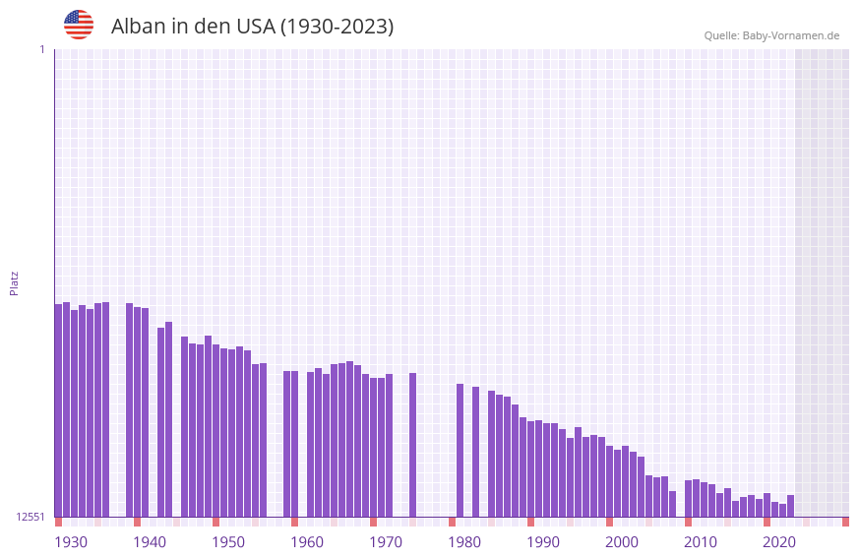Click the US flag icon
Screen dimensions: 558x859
[79, 25]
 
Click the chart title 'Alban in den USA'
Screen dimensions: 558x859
[252, 27]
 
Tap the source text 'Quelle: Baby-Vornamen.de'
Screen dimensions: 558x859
[771, 35]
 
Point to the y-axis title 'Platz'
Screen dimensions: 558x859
[14, 282]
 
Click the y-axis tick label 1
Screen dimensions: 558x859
[41, 49]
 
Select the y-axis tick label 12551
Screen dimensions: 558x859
[31, 517]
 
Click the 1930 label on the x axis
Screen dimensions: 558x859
[71, 542]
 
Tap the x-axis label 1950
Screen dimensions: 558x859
[228, 542]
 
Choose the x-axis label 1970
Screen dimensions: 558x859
[386, 542]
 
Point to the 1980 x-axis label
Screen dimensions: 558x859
[464, 542]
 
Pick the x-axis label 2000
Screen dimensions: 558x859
[622, 542]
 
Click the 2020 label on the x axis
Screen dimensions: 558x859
[779, 542]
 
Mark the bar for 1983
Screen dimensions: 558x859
[475, 452]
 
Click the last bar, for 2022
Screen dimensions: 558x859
[790, 506]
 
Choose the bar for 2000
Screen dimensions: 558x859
[609, 481]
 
